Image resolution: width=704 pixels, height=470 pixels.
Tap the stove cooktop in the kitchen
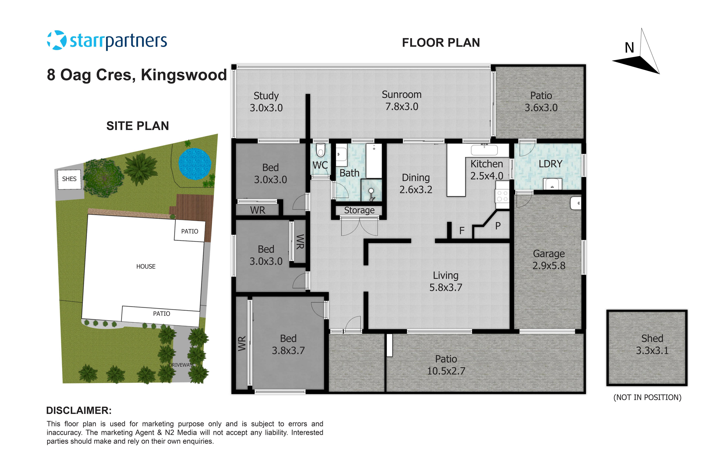point(502,196)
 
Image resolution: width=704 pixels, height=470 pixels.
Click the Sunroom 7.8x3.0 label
point(401,100)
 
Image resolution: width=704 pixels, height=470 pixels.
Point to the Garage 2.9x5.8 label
point(549,260)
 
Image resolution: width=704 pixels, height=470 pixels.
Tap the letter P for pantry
point(498,226)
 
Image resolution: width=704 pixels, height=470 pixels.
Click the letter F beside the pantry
point(462,231)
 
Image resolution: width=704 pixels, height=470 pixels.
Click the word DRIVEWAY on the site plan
point(181,365)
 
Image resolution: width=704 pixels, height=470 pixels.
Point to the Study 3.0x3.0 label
point(266,102)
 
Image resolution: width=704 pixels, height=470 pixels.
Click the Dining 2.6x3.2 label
point(416,183)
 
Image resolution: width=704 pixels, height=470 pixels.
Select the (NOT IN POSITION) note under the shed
point(647,397)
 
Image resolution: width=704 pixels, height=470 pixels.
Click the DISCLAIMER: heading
point(79,410)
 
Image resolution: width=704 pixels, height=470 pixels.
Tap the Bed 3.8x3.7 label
point(288,344)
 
